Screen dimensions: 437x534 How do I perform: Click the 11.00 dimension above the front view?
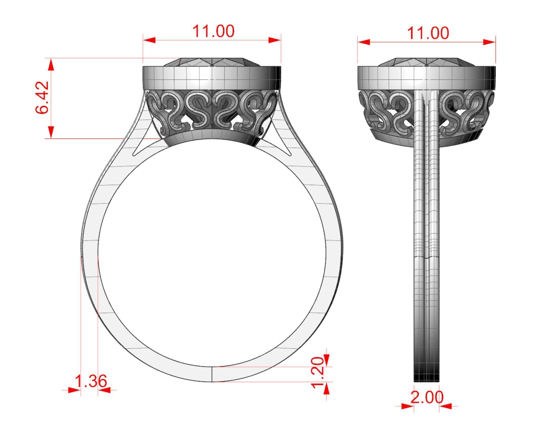213,31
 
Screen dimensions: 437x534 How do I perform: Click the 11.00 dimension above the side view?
428,33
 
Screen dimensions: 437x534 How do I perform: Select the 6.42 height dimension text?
42,97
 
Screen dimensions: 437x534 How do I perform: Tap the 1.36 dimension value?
91,381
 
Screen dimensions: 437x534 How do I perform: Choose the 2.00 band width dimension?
427,397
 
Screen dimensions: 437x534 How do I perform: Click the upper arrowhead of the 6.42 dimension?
51,64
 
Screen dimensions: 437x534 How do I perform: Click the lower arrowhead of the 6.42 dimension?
51,132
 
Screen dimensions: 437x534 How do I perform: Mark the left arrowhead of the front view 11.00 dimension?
149,40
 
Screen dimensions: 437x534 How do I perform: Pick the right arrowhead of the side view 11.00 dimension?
489,42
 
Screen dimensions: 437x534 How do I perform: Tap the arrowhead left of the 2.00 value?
407,406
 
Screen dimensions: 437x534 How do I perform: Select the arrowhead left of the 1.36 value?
74,390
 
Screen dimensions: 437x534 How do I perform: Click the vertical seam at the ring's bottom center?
212,374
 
